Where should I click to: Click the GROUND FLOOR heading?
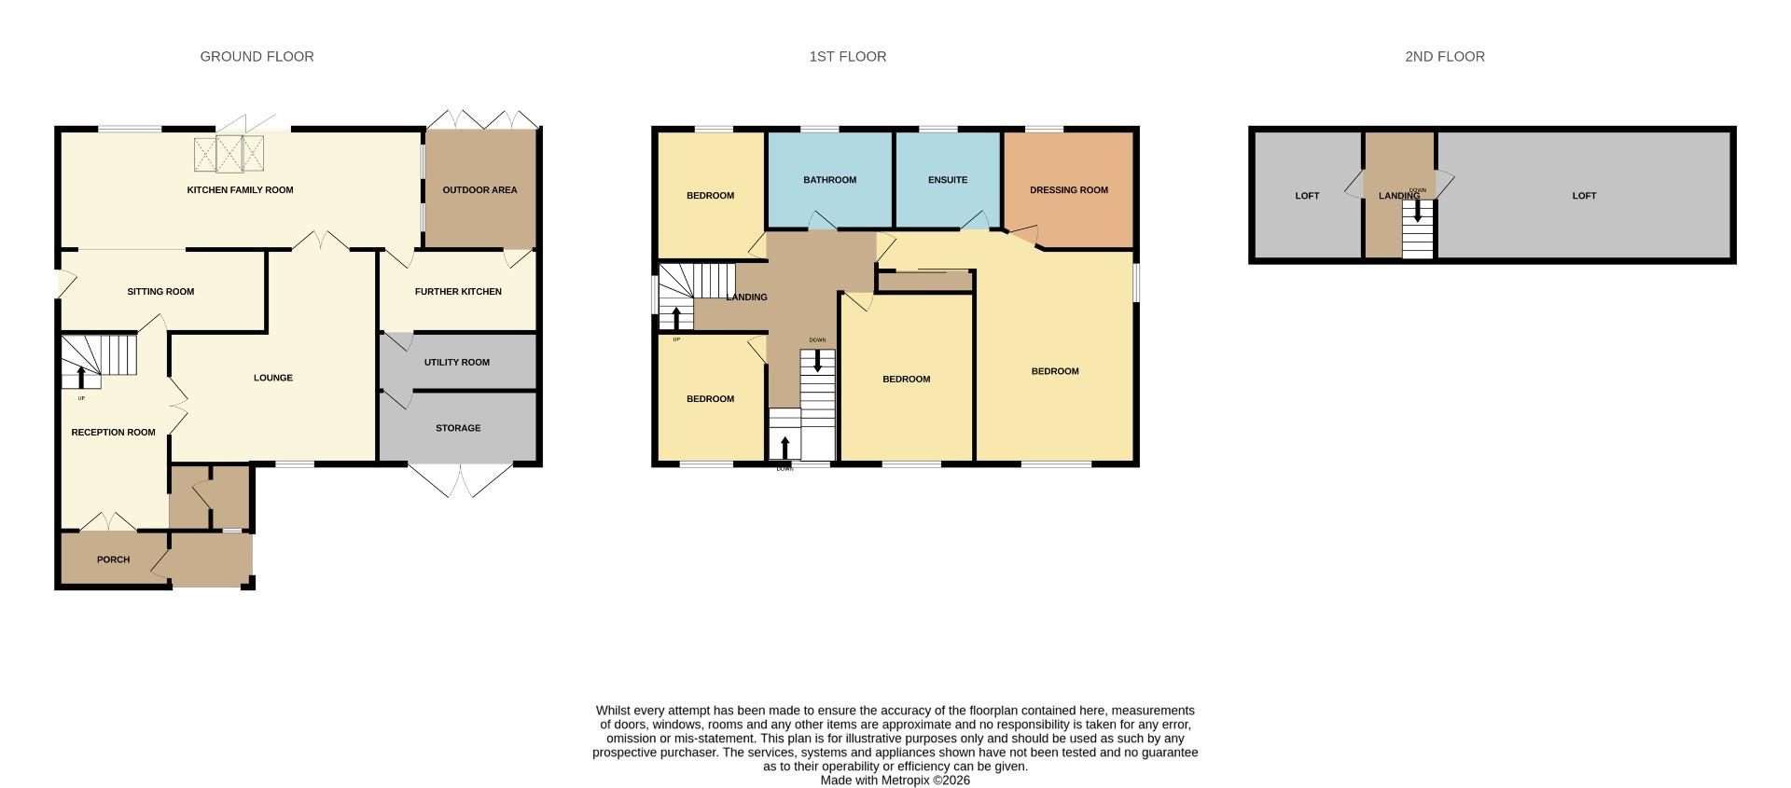pos(257,57)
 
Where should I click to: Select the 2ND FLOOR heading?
pos(1444,57)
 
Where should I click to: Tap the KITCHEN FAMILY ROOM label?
pos(240,190)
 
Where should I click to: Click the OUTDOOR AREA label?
pos(479,190)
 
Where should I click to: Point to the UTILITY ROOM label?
pos(456,363)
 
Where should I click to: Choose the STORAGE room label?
pos(458,428)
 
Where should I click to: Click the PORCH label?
pos(113,560)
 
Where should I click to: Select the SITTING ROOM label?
pos(160,292)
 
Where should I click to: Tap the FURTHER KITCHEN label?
pos(458,292)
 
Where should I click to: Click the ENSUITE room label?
pos(948,180)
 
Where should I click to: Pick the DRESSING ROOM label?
pos(1068,190)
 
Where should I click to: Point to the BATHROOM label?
pos(829,180)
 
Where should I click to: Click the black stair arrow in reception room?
pos(81,378)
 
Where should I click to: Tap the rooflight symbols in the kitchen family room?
pos(229,154)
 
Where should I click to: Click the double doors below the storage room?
pos(460,481)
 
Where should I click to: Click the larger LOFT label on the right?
pos(1584,196)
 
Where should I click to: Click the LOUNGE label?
pos(273,378)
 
